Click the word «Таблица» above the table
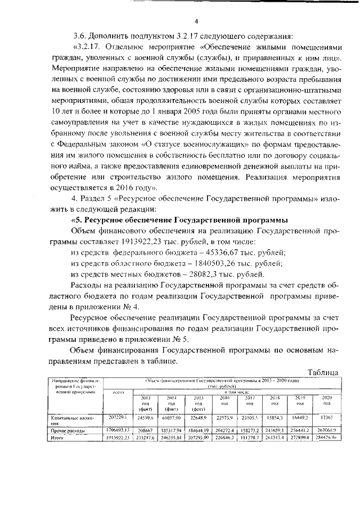317,372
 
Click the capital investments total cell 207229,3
118,418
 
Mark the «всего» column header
118,391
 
